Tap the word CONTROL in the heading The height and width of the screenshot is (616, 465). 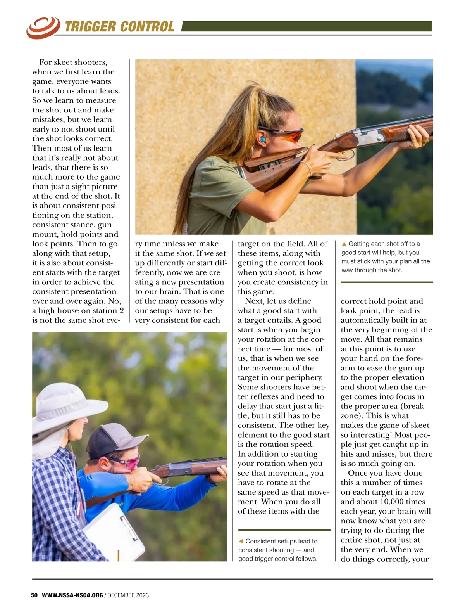[147, 27]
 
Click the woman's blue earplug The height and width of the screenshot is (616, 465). [262, 139]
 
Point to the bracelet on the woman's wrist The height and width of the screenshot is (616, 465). [307, 167]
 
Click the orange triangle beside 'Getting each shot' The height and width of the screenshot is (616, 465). [344, 244]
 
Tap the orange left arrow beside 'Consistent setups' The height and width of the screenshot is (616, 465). [241, 541]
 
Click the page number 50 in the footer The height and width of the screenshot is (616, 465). [34, 595]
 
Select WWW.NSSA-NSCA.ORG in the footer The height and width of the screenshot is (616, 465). [72, 595]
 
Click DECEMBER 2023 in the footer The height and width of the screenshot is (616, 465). [128, 595]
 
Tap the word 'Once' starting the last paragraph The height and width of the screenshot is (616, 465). [357, 473]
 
